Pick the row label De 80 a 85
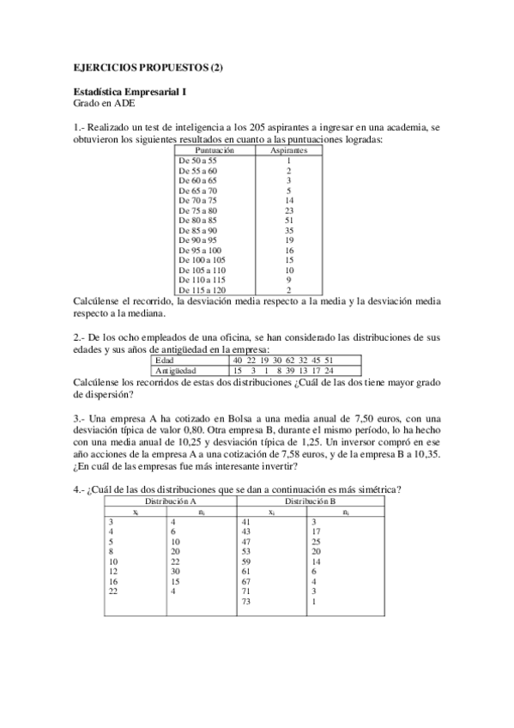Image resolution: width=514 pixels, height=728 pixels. click(197, 220)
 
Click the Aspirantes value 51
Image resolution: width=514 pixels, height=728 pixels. click(289, 220)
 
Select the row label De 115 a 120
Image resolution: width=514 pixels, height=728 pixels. click(201, 290)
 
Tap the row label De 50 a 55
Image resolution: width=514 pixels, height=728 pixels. click(197, 161)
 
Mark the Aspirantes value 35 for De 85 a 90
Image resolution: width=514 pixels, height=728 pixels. click(289, 231)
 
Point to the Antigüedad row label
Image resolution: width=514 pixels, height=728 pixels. click(175, 370)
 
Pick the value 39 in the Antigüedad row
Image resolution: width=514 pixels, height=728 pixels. click(292, 370)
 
